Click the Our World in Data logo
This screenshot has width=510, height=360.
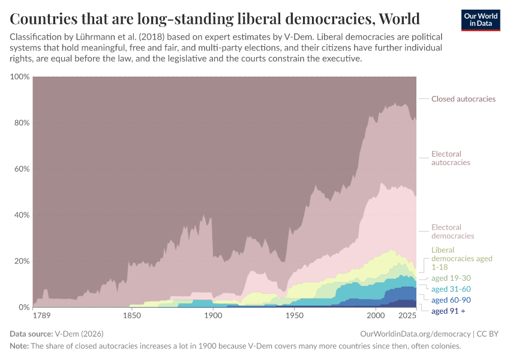pyautogui.click(x=480, y=19)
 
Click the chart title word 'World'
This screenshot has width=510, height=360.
pyautogui.click(x=394, y=17)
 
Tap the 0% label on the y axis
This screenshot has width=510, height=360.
pyautogui.click(x=23, y=307)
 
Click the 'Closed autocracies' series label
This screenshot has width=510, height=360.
pyautogui.click(x=463, y=99)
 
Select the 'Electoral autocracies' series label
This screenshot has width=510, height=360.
pyautogui.click(x=451, y=158)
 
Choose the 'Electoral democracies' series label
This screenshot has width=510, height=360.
pyautogui.click(x=452, y=232)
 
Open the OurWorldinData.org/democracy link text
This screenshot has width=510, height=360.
pyautogui.click(x=414, y=334)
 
